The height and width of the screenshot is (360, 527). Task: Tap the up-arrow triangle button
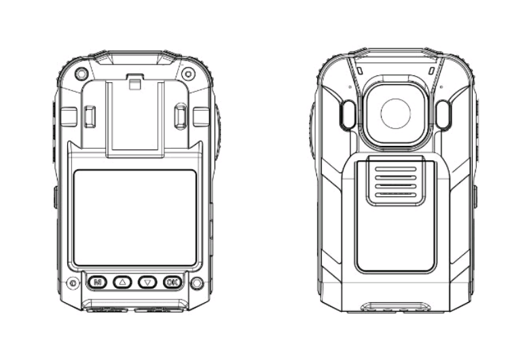[122, 281]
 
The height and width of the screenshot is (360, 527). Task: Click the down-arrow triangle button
[147, 281]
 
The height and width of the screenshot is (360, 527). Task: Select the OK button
[172, 281]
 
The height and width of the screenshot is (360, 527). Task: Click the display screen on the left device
[134, 217]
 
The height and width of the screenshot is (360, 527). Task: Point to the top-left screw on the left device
[81, 73]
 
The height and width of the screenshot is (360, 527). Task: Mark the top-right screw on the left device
[189, 73]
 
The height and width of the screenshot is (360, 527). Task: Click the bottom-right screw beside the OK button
[197, 283]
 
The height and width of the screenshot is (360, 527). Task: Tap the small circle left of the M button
[73, 283]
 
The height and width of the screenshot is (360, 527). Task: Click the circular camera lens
[395, 113]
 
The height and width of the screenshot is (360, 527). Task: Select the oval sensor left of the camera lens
[346, 115]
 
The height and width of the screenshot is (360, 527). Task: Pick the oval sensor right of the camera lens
[443, 115]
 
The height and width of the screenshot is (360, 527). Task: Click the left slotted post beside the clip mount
[90, 116]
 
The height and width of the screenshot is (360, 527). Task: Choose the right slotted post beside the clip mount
[180, 116]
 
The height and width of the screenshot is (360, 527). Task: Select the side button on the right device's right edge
[475, 196]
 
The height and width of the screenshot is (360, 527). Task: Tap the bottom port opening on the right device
[395, 306]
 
